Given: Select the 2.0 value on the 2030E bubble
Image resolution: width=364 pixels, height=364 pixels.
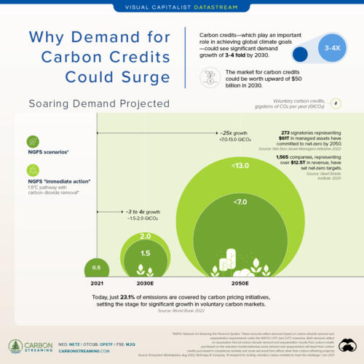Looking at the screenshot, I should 145,236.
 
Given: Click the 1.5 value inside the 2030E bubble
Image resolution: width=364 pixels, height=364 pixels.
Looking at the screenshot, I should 145,253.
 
